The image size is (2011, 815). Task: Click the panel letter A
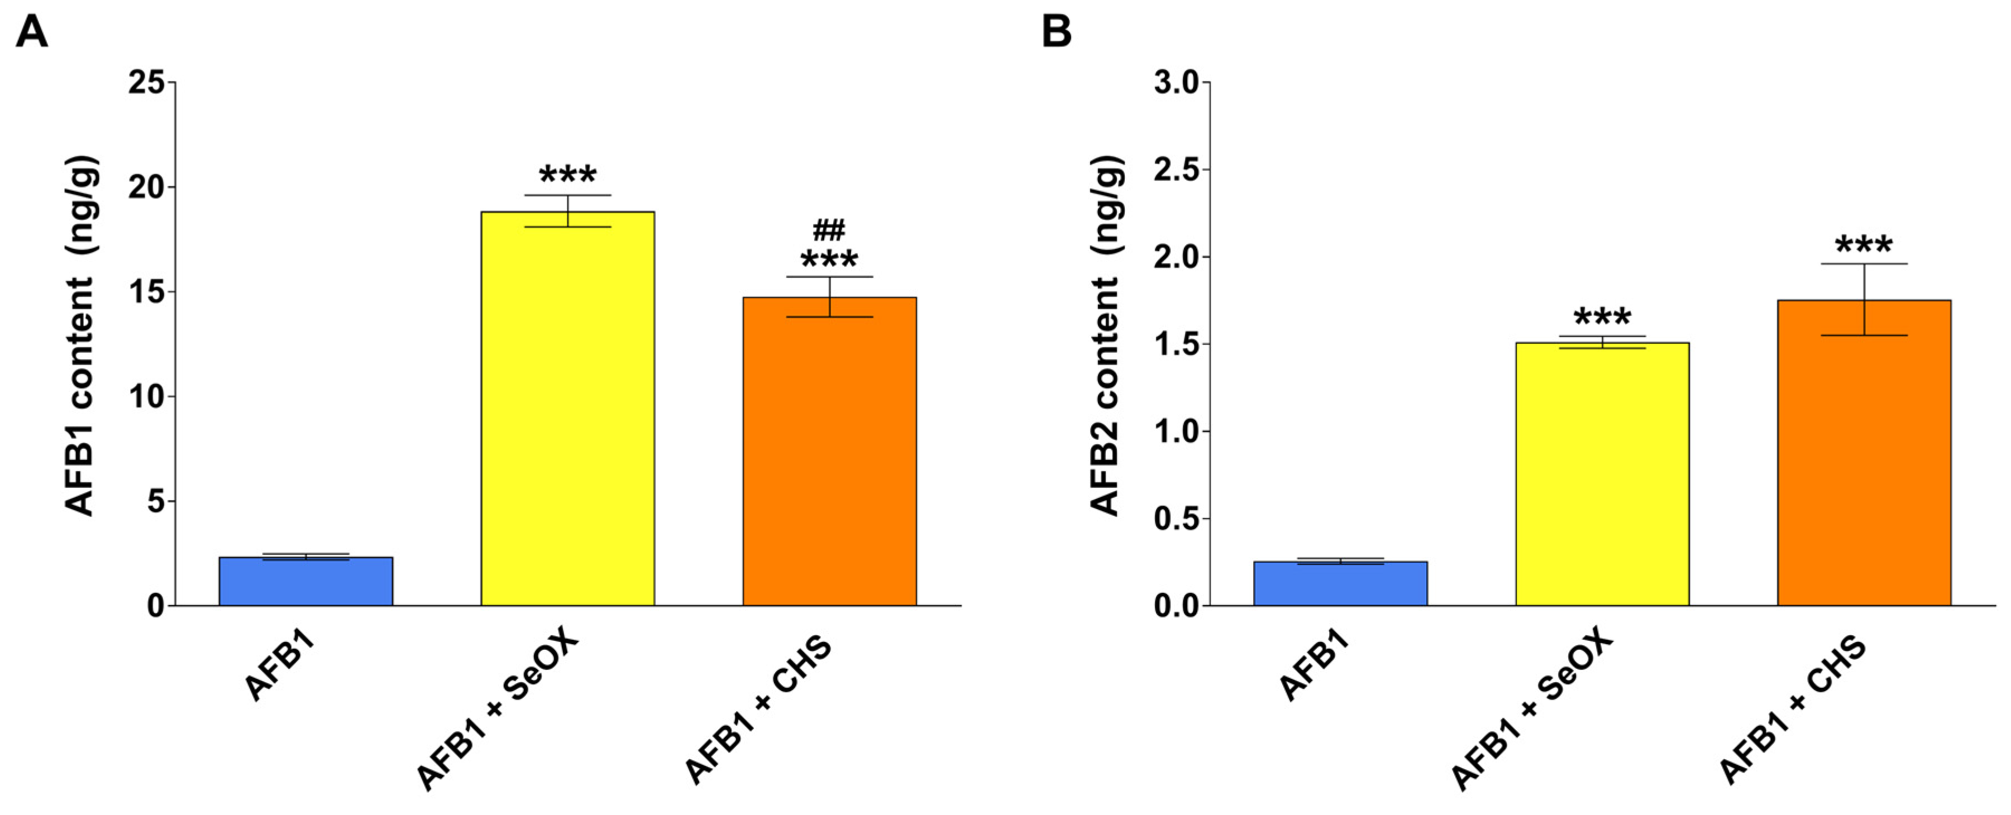31,33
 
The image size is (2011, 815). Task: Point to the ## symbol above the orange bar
829,231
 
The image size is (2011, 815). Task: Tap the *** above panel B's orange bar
1864,245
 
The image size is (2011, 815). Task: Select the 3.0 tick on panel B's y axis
1177,82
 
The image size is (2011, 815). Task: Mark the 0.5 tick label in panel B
1177,519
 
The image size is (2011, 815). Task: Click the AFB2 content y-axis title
1106,335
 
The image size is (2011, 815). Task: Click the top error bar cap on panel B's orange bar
1864,264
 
